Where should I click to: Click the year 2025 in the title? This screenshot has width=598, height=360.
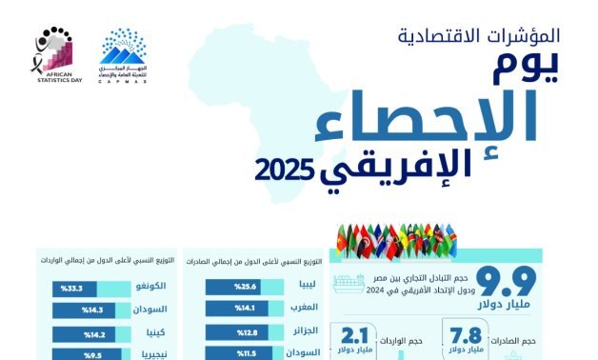point(284,171)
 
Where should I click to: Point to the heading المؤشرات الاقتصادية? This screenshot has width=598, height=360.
point(478,38)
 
